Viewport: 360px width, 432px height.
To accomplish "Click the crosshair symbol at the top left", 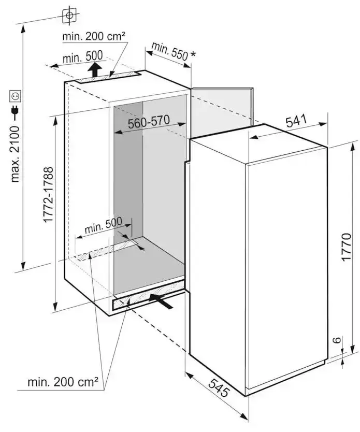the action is [69, 16].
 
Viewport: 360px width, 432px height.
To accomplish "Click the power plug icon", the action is [15, 110].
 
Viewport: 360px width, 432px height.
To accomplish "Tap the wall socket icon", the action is [15, 96].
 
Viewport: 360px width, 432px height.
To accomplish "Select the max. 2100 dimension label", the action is [15, 154].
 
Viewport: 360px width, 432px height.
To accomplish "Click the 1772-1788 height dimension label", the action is [48, 195].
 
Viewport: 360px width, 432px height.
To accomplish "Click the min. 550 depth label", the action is [169, 51].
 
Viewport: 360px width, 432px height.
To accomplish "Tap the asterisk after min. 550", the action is [193, 54].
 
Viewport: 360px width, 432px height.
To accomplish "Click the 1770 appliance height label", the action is [346, 247].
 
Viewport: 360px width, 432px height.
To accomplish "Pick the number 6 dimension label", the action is [337, 340].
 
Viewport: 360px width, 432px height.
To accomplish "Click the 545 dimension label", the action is [219, 387].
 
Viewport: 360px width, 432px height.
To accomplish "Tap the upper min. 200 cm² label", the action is [94, 36].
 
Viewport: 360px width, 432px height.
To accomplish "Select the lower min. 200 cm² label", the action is [63, 382].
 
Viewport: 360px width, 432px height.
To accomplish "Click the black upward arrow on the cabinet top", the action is [94, 70].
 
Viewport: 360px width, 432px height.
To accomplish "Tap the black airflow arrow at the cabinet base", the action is [161, 301].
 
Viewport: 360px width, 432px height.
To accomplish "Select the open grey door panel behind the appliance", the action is [222, 111].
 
